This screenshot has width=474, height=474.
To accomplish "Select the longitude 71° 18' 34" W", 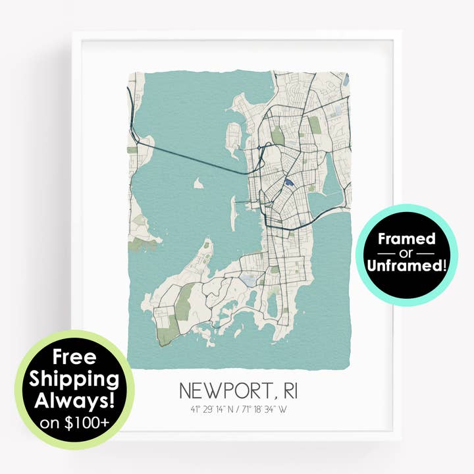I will (x=264, y=409).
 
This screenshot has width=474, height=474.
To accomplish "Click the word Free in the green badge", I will (x=74, y=357).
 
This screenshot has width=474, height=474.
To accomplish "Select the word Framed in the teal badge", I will (x=406, y=238).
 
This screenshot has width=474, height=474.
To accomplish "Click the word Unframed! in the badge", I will (x=406, y=267).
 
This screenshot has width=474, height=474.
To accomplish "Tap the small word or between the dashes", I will (x=406, y=253).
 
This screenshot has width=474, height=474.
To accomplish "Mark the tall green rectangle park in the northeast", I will (x=314, y=125).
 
